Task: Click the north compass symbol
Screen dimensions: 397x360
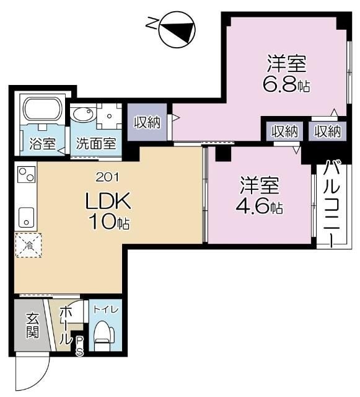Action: (x=177, y=30)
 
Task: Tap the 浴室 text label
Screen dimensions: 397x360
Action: (x=42, y=143)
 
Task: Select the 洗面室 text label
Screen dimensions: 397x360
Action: (x=96, y=143)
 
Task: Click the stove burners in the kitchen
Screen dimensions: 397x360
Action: (x=25, y=175)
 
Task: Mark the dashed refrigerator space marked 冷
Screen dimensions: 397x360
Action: (x=27, y=245)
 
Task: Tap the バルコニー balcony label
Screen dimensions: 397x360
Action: (x=331, y=202)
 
